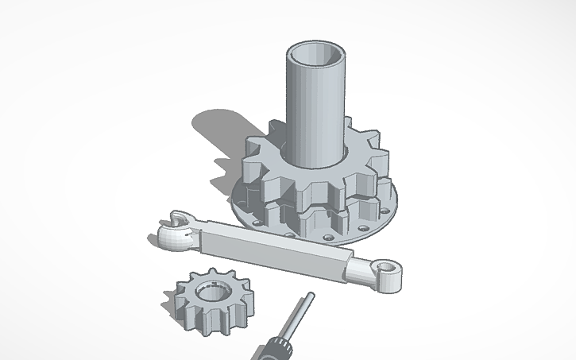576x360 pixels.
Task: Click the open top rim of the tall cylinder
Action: click(x=316, y=42)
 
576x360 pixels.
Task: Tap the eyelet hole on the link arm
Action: click(x=389, y=266)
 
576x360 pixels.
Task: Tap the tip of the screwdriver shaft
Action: click(x=308, y=297)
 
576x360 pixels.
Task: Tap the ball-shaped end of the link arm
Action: click(x=171, y=237)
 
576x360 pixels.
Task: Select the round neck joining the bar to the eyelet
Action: click(x=361, y=270)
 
